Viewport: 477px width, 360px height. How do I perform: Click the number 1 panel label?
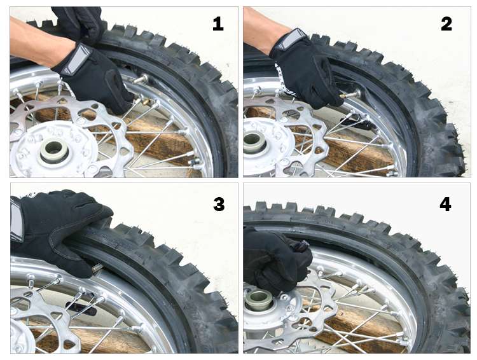pyautogui.click(x=218, y=24)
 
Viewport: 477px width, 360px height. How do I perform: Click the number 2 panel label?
pyautogui.click(x=446, y=24)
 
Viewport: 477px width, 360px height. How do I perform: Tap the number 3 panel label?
pyautogui.click(x=219, y=204)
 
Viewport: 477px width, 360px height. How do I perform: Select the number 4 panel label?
pyautogui.click(x=445, y=204)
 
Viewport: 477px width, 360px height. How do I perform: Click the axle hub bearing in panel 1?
pyautogui.click(x=54, y=151)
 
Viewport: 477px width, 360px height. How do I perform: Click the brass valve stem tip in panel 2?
pyautogui.click(x=343, y=96)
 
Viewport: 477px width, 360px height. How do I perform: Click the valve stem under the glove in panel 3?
pyautogui.click(x=98, y=268)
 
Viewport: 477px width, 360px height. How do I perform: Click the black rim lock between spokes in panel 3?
pyautogui.click(x=81, y=307)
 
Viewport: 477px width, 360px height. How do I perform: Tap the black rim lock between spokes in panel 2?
pyautogui.click(x=357, y=122)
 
